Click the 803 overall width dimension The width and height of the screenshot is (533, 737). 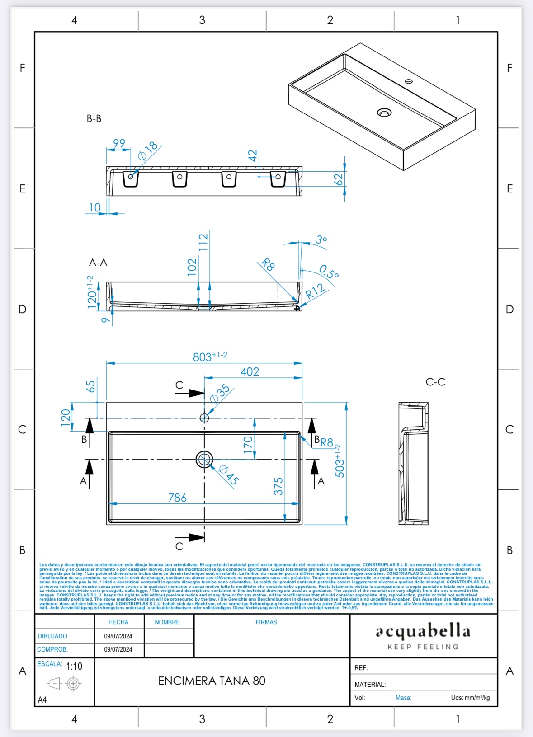click(209, 357)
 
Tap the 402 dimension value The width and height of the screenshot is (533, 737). click(250, 371)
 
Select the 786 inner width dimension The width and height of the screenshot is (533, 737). click(177, 498)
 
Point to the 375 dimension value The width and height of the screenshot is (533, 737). click(278, 486)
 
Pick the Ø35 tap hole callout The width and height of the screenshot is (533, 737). click(220, 393)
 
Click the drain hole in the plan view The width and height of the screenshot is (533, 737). click(204, 459)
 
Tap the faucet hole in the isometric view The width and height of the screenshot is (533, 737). click(409, 81)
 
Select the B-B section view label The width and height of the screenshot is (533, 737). click(94, 118)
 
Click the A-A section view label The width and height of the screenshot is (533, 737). click(98, 263)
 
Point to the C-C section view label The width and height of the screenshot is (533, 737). click(435, 382)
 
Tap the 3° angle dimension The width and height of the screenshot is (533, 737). click(321, 239)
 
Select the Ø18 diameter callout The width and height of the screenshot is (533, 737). click(148, 151)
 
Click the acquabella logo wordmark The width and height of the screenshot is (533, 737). click(423, 631)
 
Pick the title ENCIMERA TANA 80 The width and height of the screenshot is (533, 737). click(212, 681)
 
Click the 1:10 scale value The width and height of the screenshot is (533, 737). click(74, 666)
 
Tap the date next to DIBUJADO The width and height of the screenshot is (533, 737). click(118, 636)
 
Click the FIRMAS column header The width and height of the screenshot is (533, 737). click(266, 622)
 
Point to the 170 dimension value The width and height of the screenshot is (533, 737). click(248, 445)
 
